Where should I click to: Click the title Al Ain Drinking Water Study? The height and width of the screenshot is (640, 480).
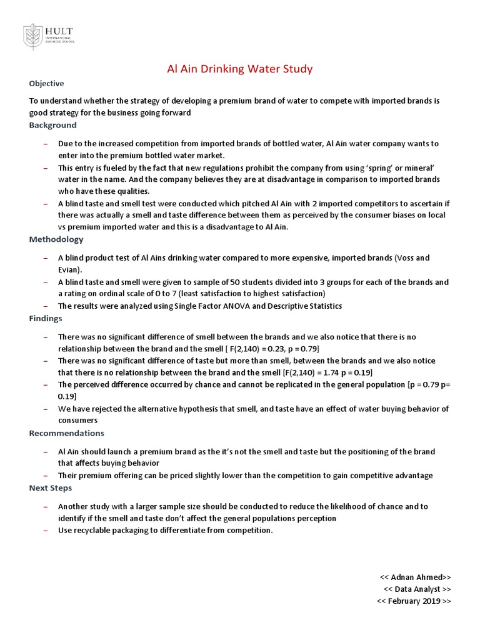point(239,69)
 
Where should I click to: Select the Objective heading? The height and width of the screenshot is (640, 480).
point(46,84)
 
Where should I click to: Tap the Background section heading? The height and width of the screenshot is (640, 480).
point(52,125)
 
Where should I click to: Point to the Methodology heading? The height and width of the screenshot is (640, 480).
point(56,239)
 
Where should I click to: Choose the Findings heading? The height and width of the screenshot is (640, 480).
point(46,318)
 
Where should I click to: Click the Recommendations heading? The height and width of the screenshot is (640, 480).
point(66,433)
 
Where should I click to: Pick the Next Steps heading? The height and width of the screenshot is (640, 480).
point(50,487)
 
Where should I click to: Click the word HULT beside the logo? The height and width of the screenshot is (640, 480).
point(59,30)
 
